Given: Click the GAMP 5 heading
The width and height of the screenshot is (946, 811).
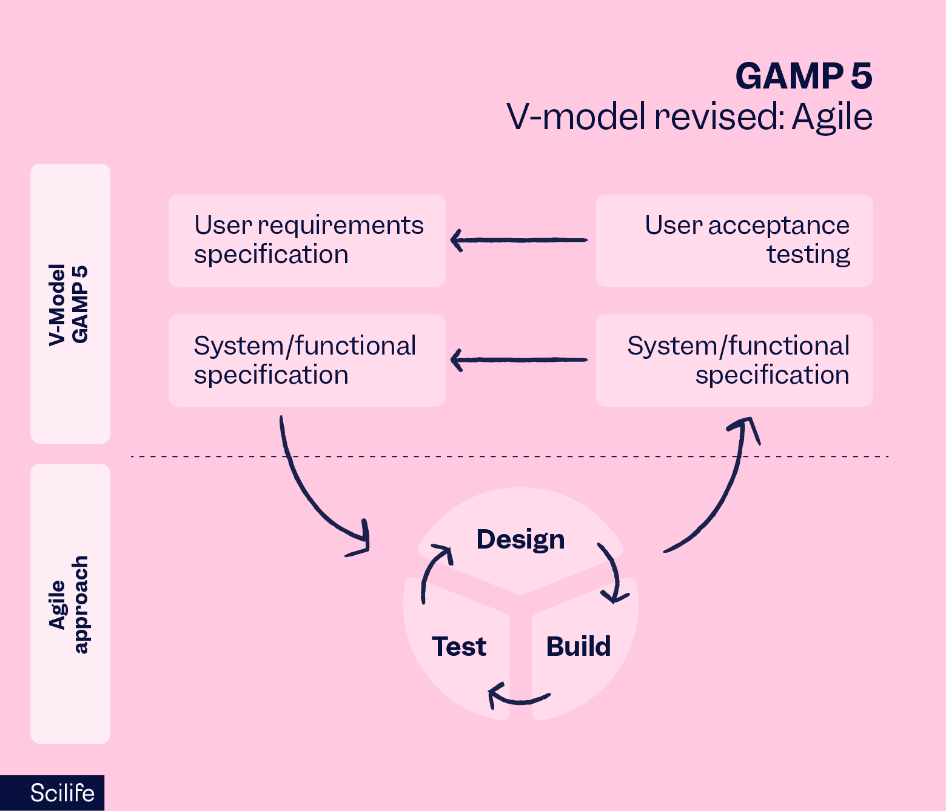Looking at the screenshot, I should [803, 77].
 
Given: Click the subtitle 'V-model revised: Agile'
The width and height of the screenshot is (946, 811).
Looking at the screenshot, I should [689, 117].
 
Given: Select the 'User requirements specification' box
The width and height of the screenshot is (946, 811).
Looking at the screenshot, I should [307, 241].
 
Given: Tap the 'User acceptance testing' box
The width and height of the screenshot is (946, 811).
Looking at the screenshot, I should [734, 241].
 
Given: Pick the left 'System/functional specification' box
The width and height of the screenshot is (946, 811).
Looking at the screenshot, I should [307, 361].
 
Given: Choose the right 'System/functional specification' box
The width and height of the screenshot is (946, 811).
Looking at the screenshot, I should [734, 361].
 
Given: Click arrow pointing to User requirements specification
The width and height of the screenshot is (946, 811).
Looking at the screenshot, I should [519, 240].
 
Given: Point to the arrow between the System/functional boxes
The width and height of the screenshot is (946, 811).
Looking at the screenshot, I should [519, 360].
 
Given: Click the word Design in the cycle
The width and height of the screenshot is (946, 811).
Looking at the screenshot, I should [520, 539].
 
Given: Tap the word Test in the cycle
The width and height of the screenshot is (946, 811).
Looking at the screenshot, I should [459, 647].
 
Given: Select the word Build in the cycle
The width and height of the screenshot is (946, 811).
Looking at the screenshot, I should [578, 647].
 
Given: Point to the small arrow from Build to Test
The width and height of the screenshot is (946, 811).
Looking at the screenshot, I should [518, 698].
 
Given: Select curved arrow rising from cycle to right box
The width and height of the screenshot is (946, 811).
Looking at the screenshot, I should [719, 497].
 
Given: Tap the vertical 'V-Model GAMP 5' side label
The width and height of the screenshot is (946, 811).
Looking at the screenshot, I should [69, 304].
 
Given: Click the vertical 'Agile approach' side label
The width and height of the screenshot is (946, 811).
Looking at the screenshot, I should [69, 604].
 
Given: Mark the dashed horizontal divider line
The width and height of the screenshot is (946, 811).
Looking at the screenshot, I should [509, 456].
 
